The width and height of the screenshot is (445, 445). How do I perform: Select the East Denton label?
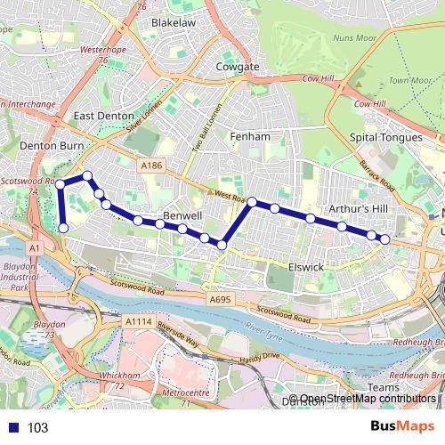tap(104, 116)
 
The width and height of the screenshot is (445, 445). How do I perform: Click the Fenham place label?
tap(248, 136)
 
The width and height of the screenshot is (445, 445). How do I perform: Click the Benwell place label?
tap(184, 216)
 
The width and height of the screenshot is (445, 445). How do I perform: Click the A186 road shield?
tap(150, 165)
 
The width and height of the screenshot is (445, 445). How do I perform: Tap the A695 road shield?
tap(219, 300)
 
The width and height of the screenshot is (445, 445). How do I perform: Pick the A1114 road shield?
tap(138, 321)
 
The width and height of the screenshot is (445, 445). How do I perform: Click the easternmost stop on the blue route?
tap(385, 239)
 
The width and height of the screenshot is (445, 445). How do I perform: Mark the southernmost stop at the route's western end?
tap(63, 229)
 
